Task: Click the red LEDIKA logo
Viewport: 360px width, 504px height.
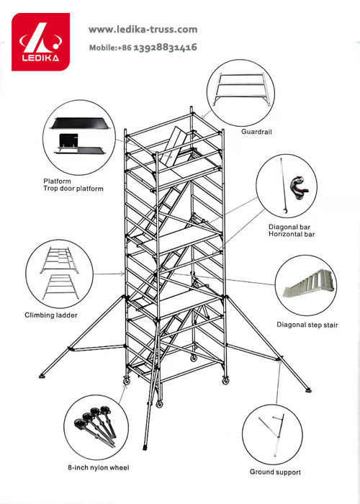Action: pyautogui.click(x=40, y=42)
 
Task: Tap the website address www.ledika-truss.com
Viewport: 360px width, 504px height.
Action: pyautogui.click(x=143, y=30)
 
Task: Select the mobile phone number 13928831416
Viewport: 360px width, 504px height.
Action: pyautogui.click(x=165, y=48)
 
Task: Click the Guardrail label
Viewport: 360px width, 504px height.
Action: pyautogui.click(x=256, y=132)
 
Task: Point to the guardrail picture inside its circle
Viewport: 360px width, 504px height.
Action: pyautogui.click(x=241, y=89)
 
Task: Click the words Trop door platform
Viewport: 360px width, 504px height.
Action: pyautogui.click(x=73, y=189)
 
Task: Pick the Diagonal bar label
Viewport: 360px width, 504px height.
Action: pyautogui.click(x=289, y=228)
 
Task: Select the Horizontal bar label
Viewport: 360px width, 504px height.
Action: pyautogui.click(x=292, y=234)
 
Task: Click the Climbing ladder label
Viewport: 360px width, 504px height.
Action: pyautogui.click(x=51, y=315)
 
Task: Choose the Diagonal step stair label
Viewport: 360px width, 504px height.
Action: pyautogui.click(x=307, y=325)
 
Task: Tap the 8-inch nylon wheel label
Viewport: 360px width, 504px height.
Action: pyautogui.click(x=99, y=468)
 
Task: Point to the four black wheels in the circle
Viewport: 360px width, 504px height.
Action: pyautogui.click(x=96, y=426)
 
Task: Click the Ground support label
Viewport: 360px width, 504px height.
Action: pyautogui.click(x=276, y=472)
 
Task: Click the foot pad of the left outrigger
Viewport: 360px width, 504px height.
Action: pyautogui.click(x=42, y=376)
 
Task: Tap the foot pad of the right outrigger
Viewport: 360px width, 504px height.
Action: pyautogui.click(x=308, y=390)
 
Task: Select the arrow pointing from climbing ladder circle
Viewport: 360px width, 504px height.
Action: pyautogui.click(x=109, y=274)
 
